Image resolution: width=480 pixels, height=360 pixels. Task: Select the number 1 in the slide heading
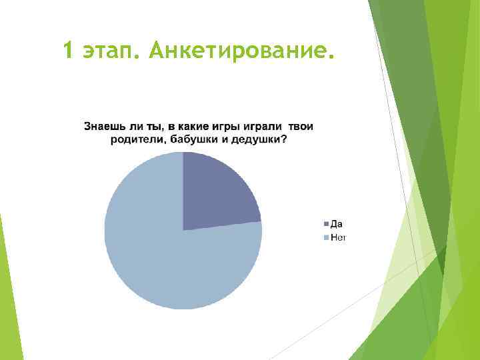coord(69,49)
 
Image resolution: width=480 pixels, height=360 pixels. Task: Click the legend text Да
coord(336,224)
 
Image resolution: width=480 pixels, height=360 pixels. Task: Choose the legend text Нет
coord(337,237)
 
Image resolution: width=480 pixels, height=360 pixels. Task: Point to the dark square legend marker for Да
coord(326,224)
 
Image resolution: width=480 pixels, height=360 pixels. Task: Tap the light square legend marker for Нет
coord(326,237)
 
